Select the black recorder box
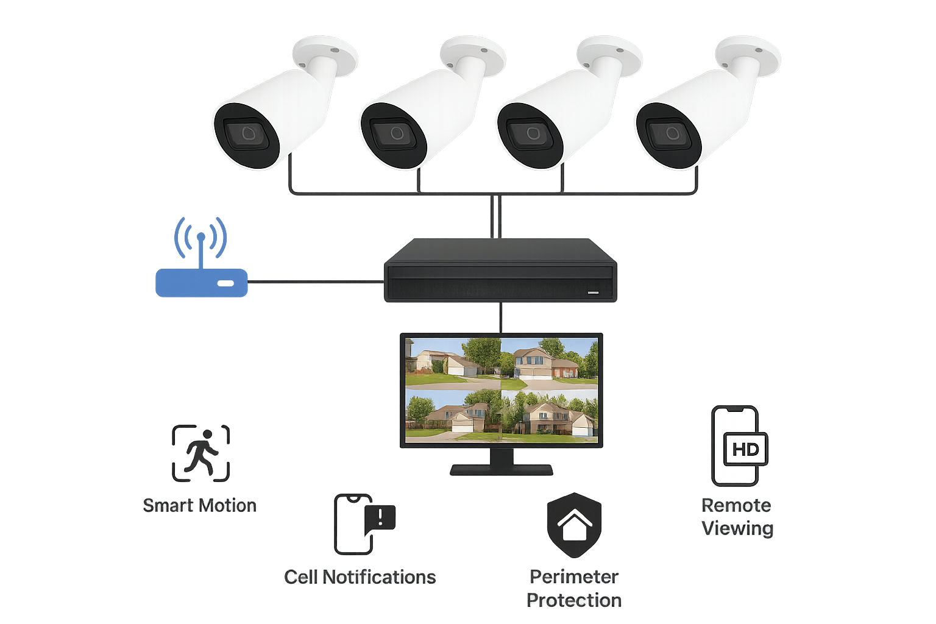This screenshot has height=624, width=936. (x=500, y=269)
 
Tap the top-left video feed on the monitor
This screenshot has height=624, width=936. (x=453, y=364)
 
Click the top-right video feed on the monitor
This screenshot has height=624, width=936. (x=549, y=364)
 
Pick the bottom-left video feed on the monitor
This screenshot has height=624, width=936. (x=453, y=414)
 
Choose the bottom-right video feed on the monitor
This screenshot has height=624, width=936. (x=549, y=414)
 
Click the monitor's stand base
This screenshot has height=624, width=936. (x=501, y=470)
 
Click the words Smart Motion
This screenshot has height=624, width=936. (x=199, y=505)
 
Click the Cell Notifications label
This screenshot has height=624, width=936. (x=360, y=577)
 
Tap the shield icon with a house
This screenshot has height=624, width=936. (x=573, y=525)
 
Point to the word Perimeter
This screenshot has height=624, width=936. (x=574, y=576)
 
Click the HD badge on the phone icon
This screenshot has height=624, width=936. (x=745, y=450)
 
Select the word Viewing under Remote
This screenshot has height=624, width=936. (x=737, y=528)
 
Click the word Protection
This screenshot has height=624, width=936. (x=574, y=600)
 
